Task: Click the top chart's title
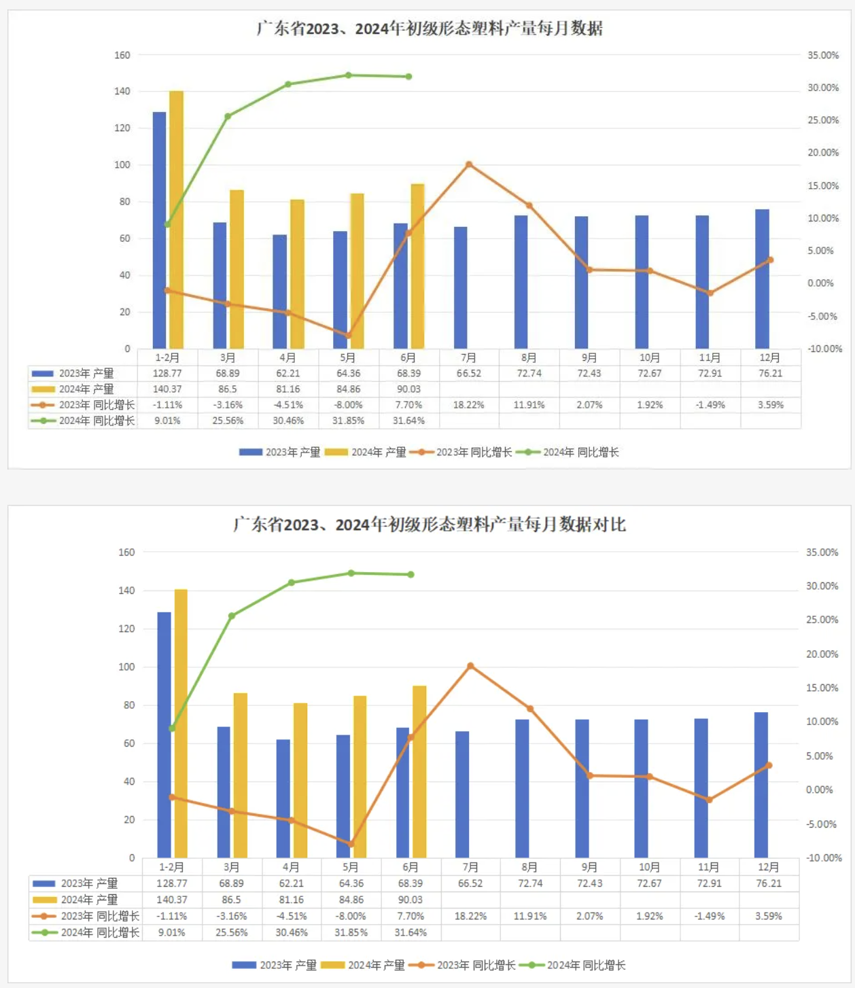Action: [x=429, y=29]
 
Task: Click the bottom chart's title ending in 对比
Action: [x=429, y=525]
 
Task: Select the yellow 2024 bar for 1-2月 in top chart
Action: [x=176, y=217]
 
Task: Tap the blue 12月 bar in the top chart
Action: [x=762, y=279]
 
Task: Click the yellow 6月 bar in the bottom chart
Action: [x=419, y=771]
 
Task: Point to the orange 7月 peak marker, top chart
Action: [x=469, y=164]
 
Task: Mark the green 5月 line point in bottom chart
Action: [x=351, y=574]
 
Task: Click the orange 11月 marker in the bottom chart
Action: [x=710, y=800]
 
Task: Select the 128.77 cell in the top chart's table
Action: [x=167, y=373]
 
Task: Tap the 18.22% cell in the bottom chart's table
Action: [x=470, y=916]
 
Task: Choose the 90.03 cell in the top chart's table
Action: [x=408, y=389]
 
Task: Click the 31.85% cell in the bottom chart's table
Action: [x=351, y=932]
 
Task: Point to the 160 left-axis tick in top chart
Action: [x=122, y=55]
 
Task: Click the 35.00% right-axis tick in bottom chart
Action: [x=822, y=552]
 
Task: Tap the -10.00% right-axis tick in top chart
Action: [x=824, y=349]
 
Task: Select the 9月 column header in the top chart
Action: [x=589, y=357]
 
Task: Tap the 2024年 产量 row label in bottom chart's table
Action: [x=89, y=900]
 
